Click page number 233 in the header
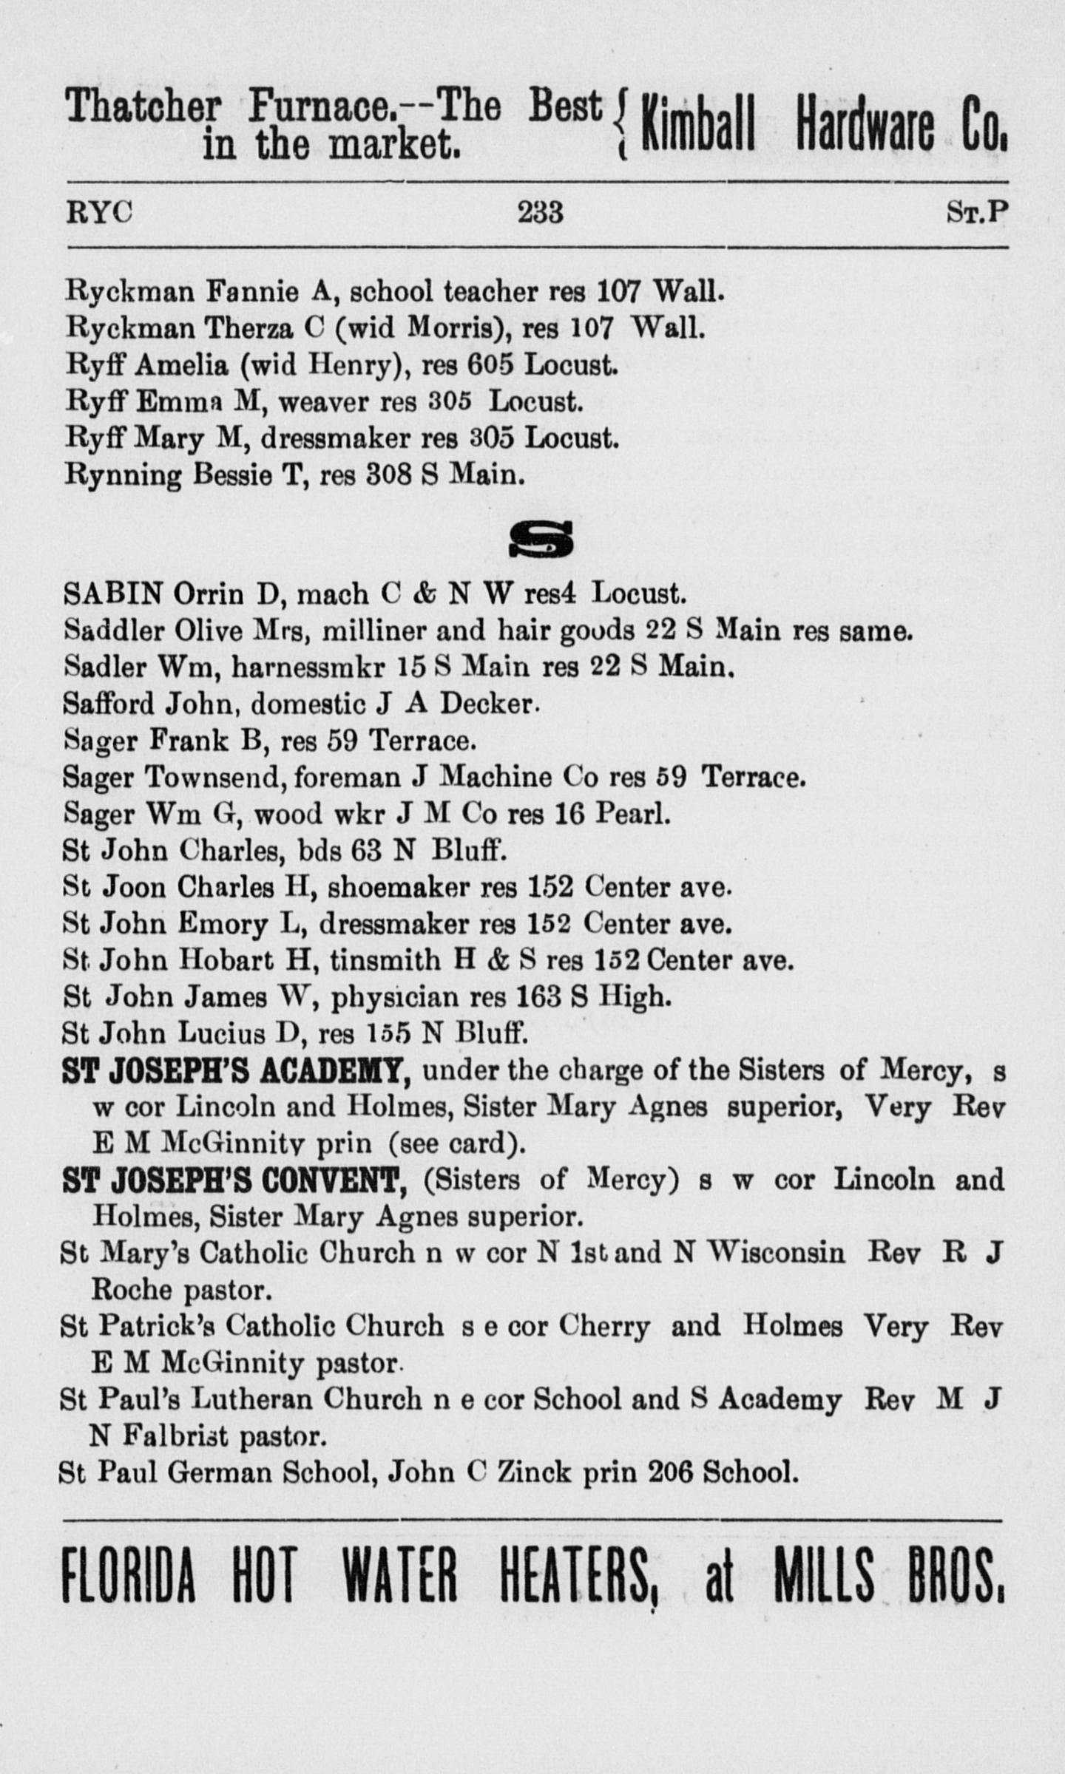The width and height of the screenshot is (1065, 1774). click(x=540, y=213)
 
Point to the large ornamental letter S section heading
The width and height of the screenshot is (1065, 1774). click(x=541, y=541)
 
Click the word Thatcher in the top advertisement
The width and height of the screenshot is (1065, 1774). click(x=143, y=108)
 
